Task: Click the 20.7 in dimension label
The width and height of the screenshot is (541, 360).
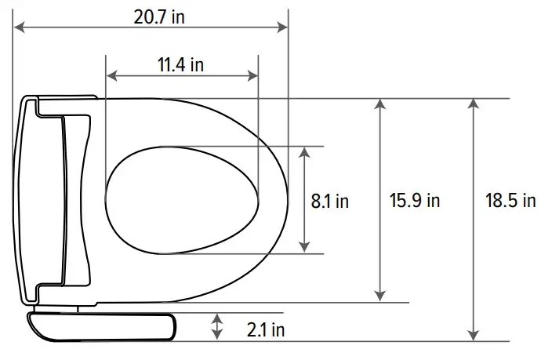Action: pyautogui.click(x=159, y=17)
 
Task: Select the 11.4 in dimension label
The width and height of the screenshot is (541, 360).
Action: pyautogui.click(x=181, y=65)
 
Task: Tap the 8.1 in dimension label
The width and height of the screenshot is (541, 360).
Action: pyautogui.click(x=330, y=201)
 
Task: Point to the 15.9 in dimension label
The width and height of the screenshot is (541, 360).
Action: pyautogui.click(x=415, y=201)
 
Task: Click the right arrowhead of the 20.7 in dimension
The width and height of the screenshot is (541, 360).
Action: pyautogui.click(x=283, y=27)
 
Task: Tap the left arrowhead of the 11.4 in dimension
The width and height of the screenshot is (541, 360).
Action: pyautogui.click(x=111, y=75)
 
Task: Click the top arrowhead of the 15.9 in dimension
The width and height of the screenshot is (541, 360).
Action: pyautogui.click(x=380, y=104)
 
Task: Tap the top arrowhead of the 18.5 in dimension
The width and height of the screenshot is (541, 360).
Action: pyautogui.click(x=473, y=104)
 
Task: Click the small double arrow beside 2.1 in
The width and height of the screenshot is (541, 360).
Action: pyautogui.click(x=216, y=326)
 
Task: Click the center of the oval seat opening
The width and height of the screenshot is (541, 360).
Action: pyautogui.click(x=181, y=199)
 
